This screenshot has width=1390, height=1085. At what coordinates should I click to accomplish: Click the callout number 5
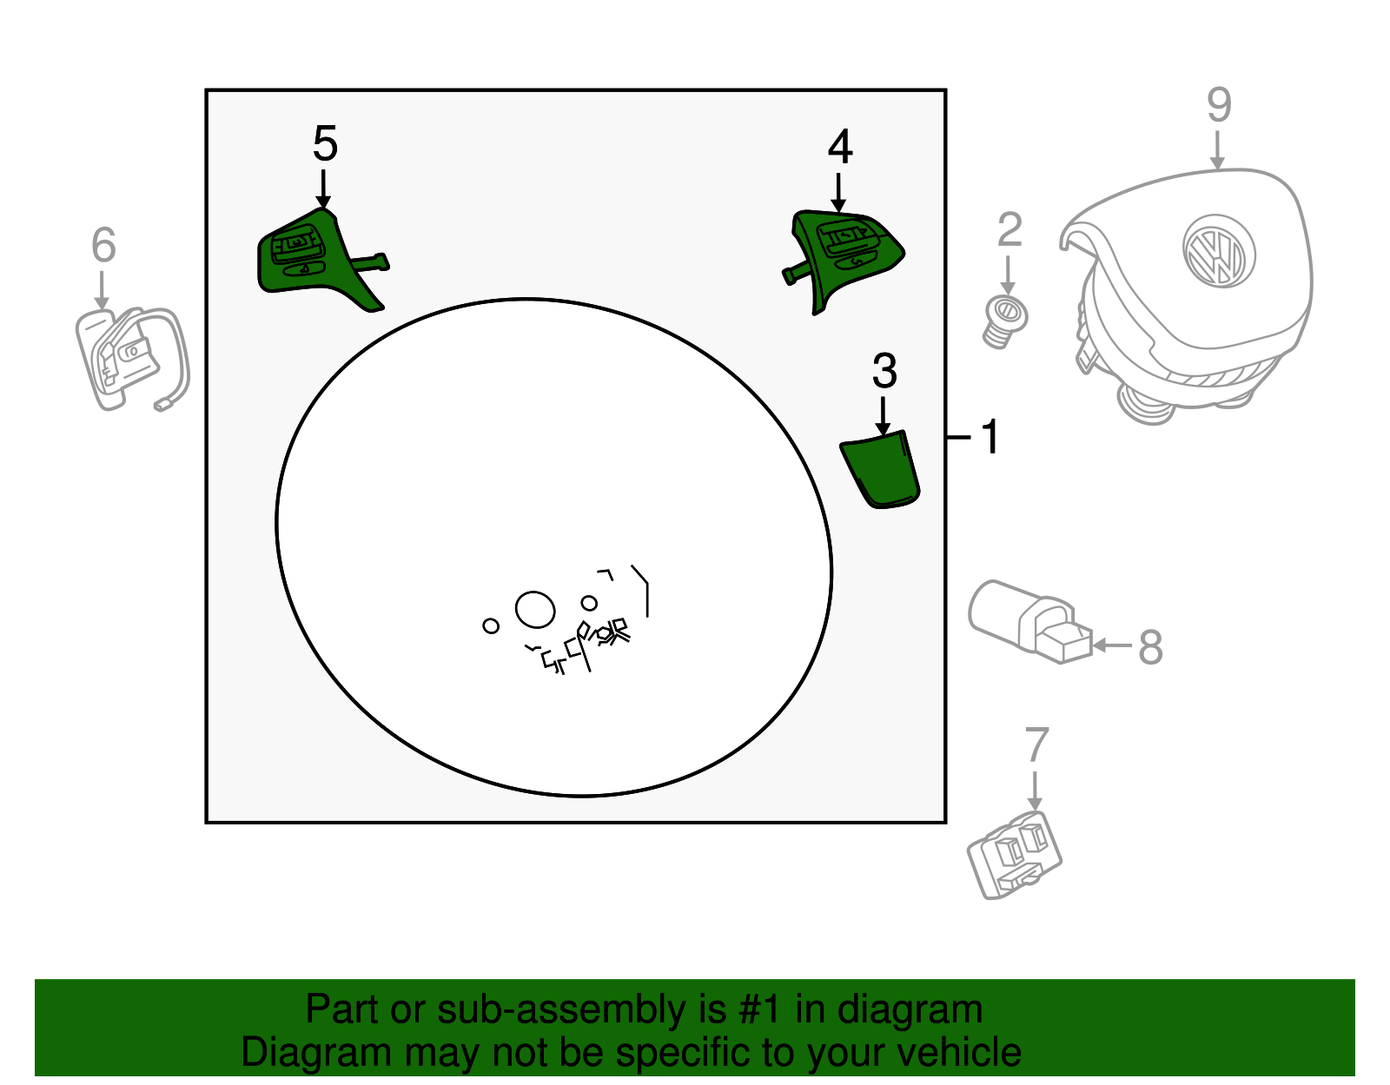click(325, 144)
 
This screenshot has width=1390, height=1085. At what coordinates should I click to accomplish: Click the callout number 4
click(839, 148)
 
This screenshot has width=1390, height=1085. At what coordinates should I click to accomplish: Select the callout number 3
click(884, 372)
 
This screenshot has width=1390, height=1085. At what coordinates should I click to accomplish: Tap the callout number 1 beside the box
click(990, 437)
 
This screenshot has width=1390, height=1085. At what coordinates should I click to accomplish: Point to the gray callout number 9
click(1219, 105)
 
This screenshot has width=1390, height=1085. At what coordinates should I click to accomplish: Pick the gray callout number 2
click(1009, 230)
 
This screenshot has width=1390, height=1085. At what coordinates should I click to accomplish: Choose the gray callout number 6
click(103, 245)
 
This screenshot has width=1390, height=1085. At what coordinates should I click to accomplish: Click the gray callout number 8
click(1150, 647)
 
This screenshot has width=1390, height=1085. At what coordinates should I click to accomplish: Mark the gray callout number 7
click(1036, 744)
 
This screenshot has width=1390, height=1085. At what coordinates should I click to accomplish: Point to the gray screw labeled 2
click(1005, 320)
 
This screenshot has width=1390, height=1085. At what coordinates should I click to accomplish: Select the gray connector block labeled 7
click(1015, 855)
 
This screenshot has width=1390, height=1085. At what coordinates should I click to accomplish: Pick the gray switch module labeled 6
click(130, 357)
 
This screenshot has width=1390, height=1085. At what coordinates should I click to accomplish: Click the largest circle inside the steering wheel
click(534, 610)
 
